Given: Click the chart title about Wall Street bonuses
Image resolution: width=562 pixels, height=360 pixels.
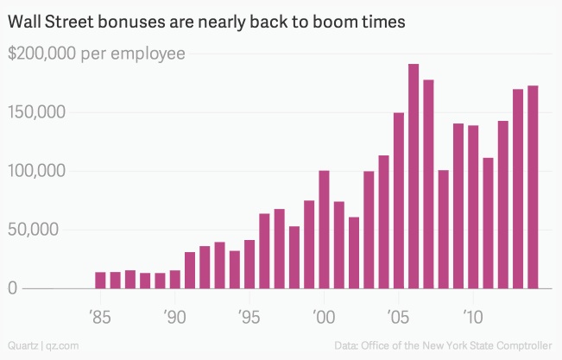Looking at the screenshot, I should tap(206, 21).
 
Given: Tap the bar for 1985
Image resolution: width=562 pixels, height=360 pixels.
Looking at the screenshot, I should tap(101, 280).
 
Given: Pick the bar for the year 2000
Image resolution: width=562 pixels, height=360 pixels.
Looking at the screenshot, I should tap(324, 230).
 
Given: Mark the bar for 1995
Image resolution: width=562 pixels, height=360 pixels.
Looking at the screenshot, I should tap(249, 264).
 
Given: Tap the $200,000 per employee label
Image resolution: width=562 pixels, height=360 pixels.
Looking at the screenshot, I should tap(97, 54).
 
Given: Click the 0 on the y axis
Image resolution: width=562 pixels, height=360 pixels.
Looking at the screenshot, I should tap(13, 288).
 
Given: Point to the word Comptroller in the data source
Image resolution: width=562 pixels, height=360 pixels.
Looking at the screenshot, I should tap(523, 344).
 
